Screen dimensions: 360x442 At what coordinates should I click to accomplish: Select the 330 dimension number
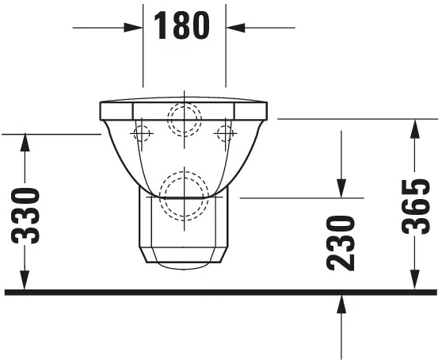pos(27,215)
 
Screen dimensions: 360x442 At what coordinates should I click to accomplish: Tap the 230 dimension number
pos(341,243)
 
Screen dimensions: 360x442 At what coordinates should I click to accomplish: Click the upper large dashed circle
pos(185,120)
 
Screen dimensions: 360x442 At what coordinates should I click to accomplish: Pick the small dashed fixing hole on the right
pos(226,134)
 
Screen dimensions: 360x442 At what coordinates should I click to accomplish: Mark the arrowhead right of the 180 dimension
pos(234,27)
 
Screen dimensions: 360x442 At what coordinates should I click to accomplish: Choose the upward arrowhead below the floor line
pos(341,302)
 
